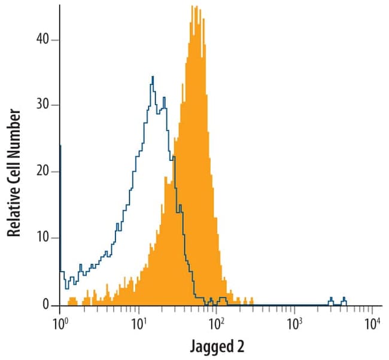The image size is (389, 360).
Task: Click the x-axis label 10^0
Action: pyautogui.click(x=59, y=324)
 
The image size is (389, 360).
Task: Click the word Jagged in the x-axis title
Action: pyautogui.click(x=209, y=347)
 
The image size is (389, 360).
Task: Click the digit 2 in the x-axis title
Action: pyautogui.click(x=241, y=346)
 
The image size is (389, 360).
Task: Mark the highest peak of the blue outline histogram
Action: pyautogui.click(x=153, y=77)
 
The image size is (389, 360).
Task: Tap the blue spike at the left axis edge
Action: pyautogui.click(x=60, y=146)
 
